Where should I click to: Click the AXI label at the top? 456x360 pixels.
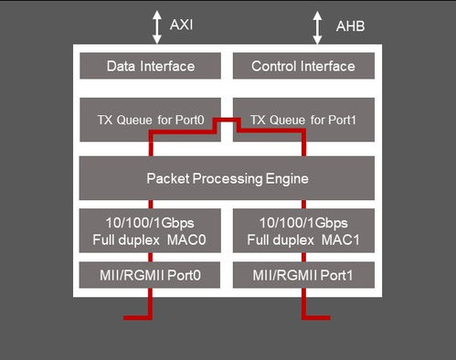coord(181,25)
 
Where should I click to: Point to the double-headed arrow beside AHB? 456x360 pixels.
coord(317,26)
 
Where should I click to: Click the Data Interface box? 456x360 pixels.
coord(151,66)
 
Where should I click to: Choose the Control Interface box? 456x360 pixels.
coord(302,66)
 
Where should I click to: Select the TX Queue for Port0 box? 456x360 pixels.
coord(151,119)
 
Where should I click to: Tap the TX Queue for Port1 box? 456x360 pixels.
coord(302,119)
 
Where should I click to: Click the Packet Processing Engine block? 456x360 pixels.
coord(227,178)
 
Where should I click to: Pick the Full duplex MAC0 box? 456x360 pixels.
coord(151,232)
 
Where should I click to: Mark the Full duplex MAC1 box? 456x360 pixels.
coord(302,232)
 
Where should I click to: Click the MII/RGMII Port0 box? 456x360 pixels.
coord(151,275)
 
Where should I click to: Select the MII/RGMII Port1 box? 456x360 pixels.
coord(302,275)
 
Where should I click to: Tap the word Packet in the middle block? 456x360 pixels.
coord(167,178)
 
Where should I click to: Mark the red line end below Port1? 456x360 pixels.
coord(327,317)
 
